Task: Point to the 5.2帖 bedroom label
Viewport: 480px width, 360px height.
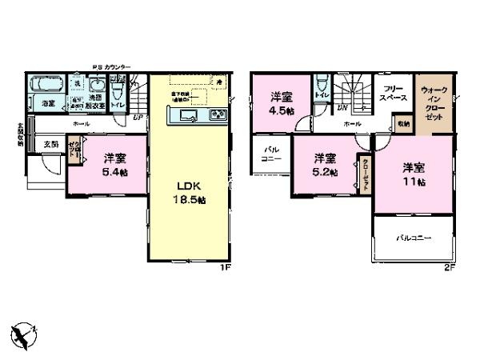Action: [x=324, y=164]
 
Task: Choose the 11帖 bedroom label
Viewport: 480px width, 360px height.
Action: [x=413, y=174]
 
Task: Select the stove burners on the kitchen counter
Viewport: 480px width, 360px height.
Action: [x=218, y=117]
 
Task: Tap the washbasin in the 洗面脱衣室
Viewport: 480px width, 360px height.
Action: [x=98, y=86]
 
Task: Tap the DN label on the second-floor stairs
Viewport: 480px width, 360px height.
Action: [x=342, y=106]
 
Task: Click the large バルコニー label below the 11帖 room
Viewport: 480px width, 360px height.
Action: [x=413, y=238]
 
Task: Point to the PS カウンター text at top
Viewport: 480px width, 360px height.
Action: [x=111, y=67]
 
